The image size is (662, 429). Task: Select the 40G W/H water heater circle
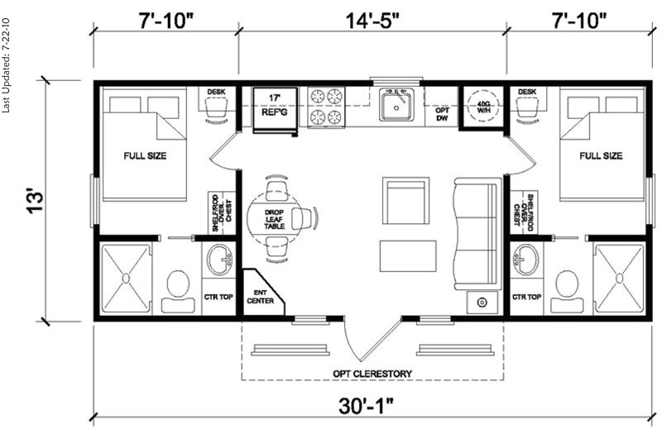(x=481, y=107)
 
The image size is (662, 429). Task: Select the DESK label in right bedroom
(x=527, y=91)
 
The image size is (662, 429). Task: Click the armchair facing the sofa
(x=405, y=198)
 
